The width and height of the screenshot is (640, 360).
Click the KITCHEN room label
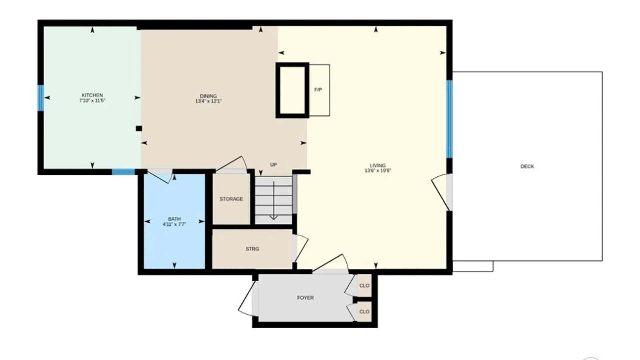(92, 95)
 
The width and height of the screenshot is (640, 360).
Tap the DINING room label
(208, 96)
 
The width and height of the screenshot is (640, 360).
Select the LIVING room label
(378, 166)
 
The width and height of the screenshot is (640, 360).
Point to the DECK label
(527, 166)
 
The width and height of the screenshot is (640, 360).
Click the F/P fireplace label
(318, 90)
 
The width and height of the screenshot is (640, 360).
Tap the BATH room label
(174, 219)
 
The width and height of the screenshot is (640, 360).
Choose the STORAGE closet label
(231, 199)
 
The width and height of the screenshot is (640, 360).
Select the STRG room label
(252, 249)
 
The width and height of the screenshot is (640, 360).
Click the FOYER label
(305, 298)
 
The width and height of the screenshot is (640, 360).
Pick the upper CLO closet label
(364, 286)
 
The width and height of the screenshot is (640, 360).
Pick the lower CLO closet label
(364, 312)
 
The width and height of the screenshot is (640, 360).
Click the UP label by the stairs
(273, 165)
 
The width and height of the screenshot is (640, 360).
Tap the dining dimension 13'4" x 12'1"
(208, 101)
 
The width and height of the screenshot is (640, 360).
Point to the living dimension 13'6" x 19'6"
(378, 171)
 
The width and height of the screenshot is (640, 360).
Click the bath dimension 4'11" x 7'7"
(174, 224)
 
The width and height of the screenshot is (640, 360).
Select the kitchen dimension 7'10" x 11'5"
(92, 101)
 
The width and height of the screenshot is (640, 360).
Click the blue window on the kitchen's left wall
(41, 98)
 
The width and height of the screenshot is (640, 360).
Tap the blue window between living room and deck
(449, 119)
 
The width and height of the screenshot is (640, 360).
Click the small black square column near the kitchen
(139, 128)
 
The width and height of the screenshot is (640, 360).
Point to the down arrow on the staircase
(274, 200)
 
